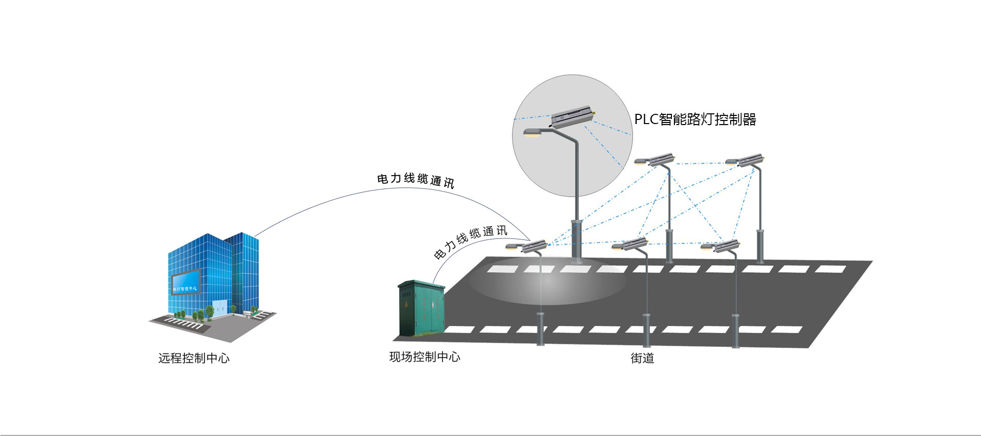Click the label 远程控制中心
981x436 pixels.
194,358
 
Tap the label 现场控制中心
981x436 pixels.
425,357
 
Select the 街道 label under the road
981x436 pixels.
642,358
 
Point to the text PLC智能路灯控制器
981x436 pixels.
695,119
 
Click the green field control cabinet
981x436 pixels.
421,308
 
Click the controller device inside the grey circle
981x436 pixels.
572,116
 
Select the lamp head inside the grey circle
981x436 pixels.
533,133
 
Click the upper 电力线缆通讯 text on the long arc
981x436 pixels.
415,180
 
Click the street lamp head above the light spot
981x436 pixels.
513,247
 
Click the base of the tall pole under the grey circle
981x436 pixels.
576,240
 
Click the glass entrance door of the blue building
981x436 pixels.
220,307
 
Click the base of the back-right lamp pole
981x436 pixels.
760,248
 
